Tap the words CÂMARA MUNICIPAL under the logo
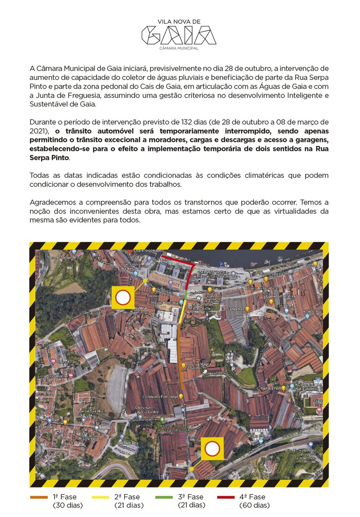coord(179,48)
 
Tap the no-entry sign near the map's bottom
coord(212,449)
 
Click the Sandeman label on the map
coord(236,309)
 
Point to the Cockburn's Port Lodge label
coord(160,397)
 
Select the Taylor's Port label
coord(270,388)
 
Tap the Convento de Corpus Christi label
coord(204,306)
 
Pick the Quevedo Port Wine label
coord(281,296)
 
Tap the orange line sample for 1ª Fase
coord(39,497)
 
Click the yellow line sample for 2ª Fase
coord(101,497)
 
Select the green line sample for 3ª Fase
coord(164,497)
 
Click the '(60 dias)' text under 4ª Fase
coord(254,505)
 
